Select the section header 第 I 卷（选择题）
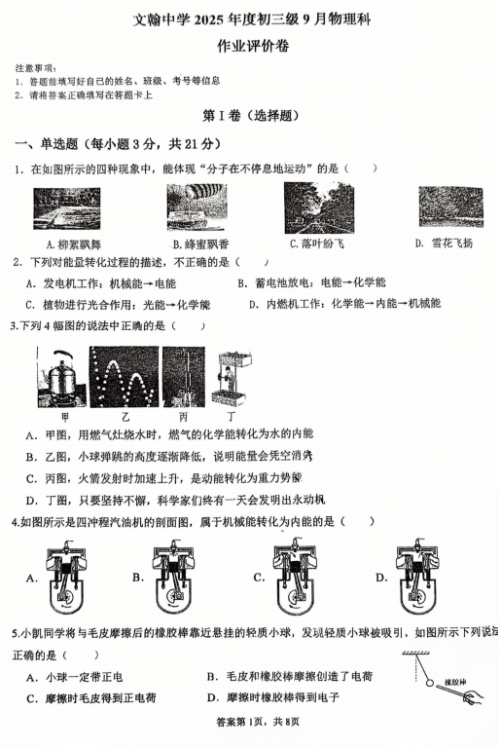tap(248, 115)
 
